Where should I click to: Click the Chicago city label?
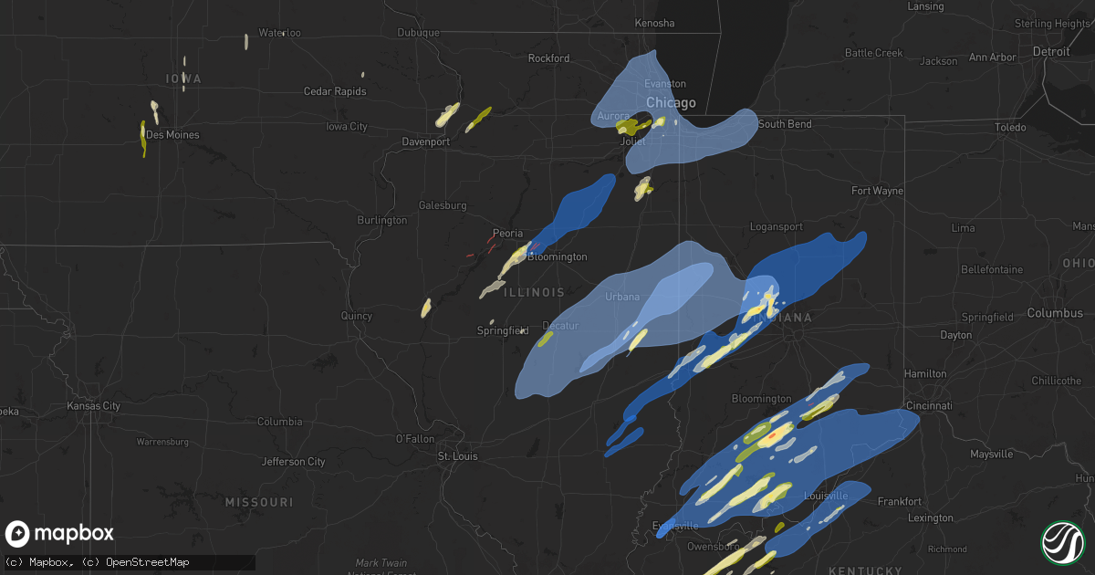tap(671, 103)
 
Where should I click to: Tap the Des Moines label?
tap(172, 135)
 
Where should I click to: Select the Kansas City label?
tap(94, 405)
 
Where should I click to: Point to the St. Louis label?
tap(457, 456)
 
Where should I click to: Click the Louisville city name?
tap(826, 496)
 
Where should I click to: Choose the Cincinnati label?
tap(928, 405)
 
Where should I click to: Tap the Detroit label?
tap(1051, 52)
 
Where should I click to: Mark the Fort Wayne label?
tap(877, 191)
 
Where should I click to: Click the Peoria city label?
tap(507, 234)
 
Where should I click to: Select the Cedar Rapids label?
tap(335, 91)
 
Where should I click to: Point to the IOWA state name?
tap(183, 79)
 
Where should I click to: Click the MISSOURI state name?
tap(259, 503)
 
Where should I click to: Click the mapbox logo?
tap(60, 534)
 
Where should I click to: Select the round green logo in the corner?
tap(1063, 542)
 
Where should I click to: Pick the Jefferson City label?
tap(294, 462)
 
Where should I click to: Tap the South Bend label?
tap(785, 124)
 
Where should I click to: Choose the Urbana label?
tap(622, 297)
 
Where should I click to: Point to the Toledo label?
tap(1010, 128)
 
